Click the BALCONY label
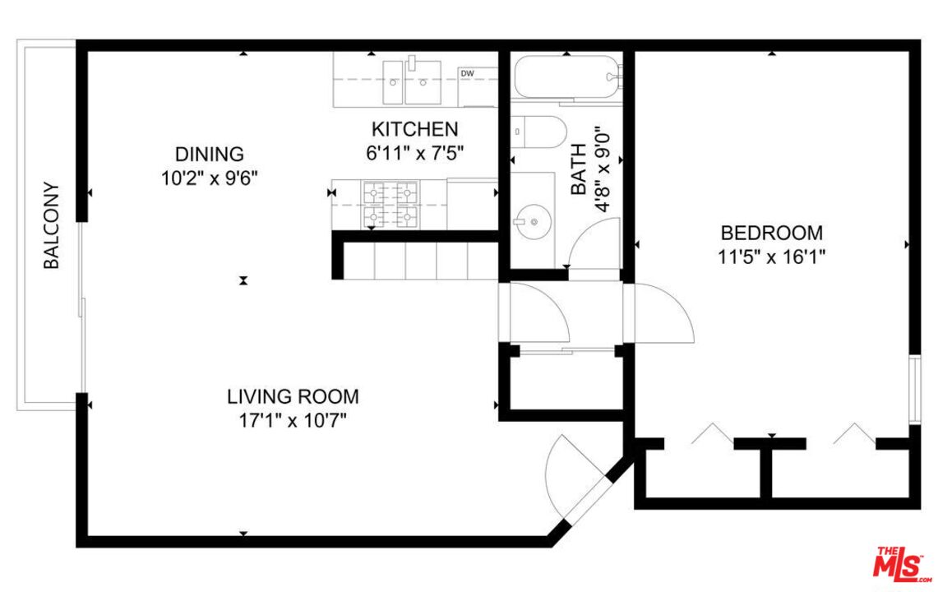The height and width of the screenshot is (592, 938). [52, 225]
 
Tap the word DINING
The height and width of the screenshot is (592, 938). [210, 154]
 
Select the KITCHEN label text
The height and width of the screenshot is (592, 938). [414, 129]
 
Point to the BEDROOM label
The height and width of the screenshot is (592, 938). [772, 232]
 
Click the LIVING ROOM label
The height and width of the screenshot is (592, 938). [293, 396]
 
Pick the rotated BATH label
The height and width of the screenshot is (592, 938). [579, 169]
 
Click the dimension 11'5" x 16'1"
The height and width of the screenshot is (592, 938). [772, 257]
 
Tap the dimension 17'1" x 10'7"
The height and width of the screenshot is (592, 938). [293, 421]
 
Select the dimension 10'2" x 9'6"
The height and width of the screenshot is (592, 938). [210, 178]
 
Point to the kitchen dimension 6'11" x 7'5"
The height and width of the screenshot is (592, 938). [414, 154]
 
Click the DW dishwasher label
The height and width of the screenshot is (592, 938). [467, 74]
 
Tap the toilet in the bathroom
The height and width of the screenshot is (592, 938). [538, 132]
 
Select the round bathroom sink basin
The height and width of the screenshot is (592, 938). [532, 222]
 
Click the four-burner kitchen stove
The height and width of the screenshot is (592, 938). [390, 205]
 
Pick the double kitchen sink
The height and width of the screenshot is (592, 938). [412, 82]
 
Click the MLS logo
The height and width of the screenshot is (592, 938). [902, 564]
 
